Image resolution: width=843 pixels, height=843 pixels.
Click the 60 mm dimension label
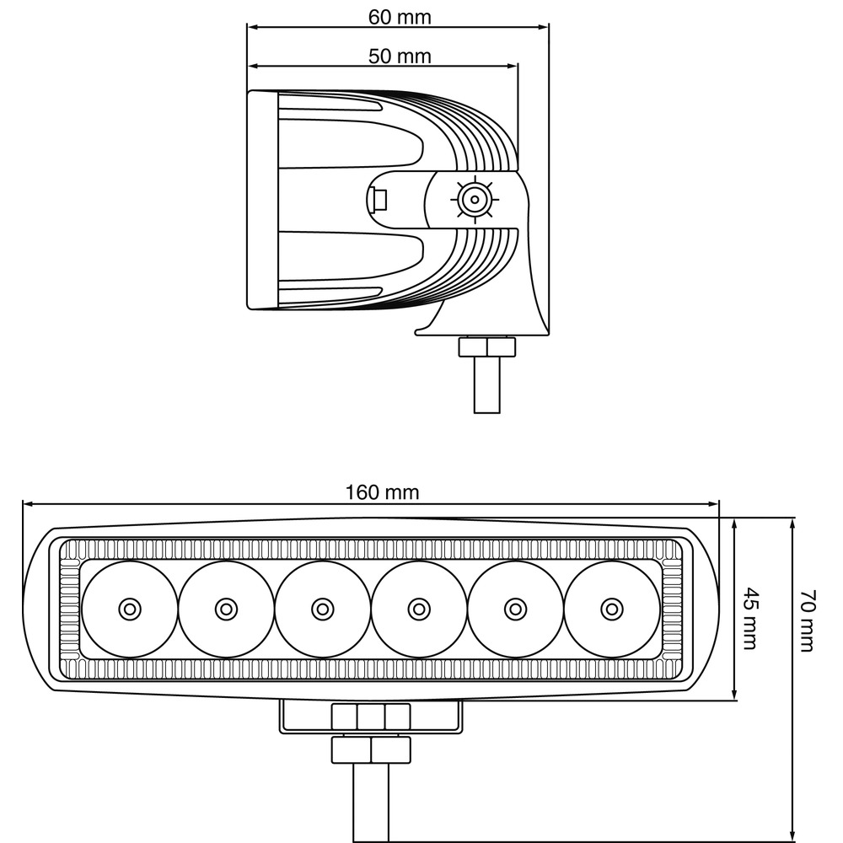click(x=400, y=17)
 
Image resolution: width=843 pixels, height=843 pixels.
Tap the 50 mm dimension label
click(x=400, y=56)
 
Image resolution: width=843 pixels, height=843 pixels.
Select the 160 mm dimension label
click(x=382, y=492)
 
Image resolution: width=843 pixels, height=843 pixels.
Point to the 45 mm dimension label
click(x=750, y=618)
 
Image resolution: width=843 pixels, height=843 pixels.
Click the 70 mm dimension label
click(x=808, y=621)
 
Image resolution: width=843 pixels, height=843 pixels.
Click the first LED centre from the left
click(x=130, y=609)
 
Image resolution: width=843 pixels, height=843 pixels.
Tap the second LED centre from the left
click(x=226, y=609)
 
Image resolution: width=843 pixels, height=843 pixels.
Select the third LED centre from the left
click(x=323, y=609)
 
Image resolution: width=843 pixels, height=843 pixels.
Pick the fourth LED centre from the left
click(x=419, y=609)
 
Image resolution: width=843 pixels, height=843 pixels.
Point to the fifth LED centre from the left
click(x=516, y=609)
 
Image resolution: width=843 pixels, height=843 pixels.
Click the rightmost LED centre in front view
click(x=612, y=609)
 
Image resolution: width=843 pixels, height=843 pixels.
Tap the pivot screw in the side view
click(x=475, y=200)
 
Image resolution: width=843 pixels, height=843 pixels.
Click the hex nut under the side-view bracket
click(x=487, y=347)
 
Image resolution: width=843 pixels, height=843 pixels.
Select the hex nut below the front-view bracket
click(x=371, y=750)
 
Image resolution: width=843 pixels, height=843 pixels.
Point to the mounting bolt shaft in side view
click(x=487, y=385)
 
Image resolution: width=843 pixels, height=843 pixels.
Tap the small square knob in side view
click(x=378, y=200)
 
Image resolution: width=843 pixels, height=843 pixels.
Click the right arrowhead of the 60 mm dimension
click(x=544, y=27)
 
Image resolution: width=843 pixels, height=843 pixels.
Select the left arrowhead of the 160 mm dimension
click(x=29, y=504)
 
